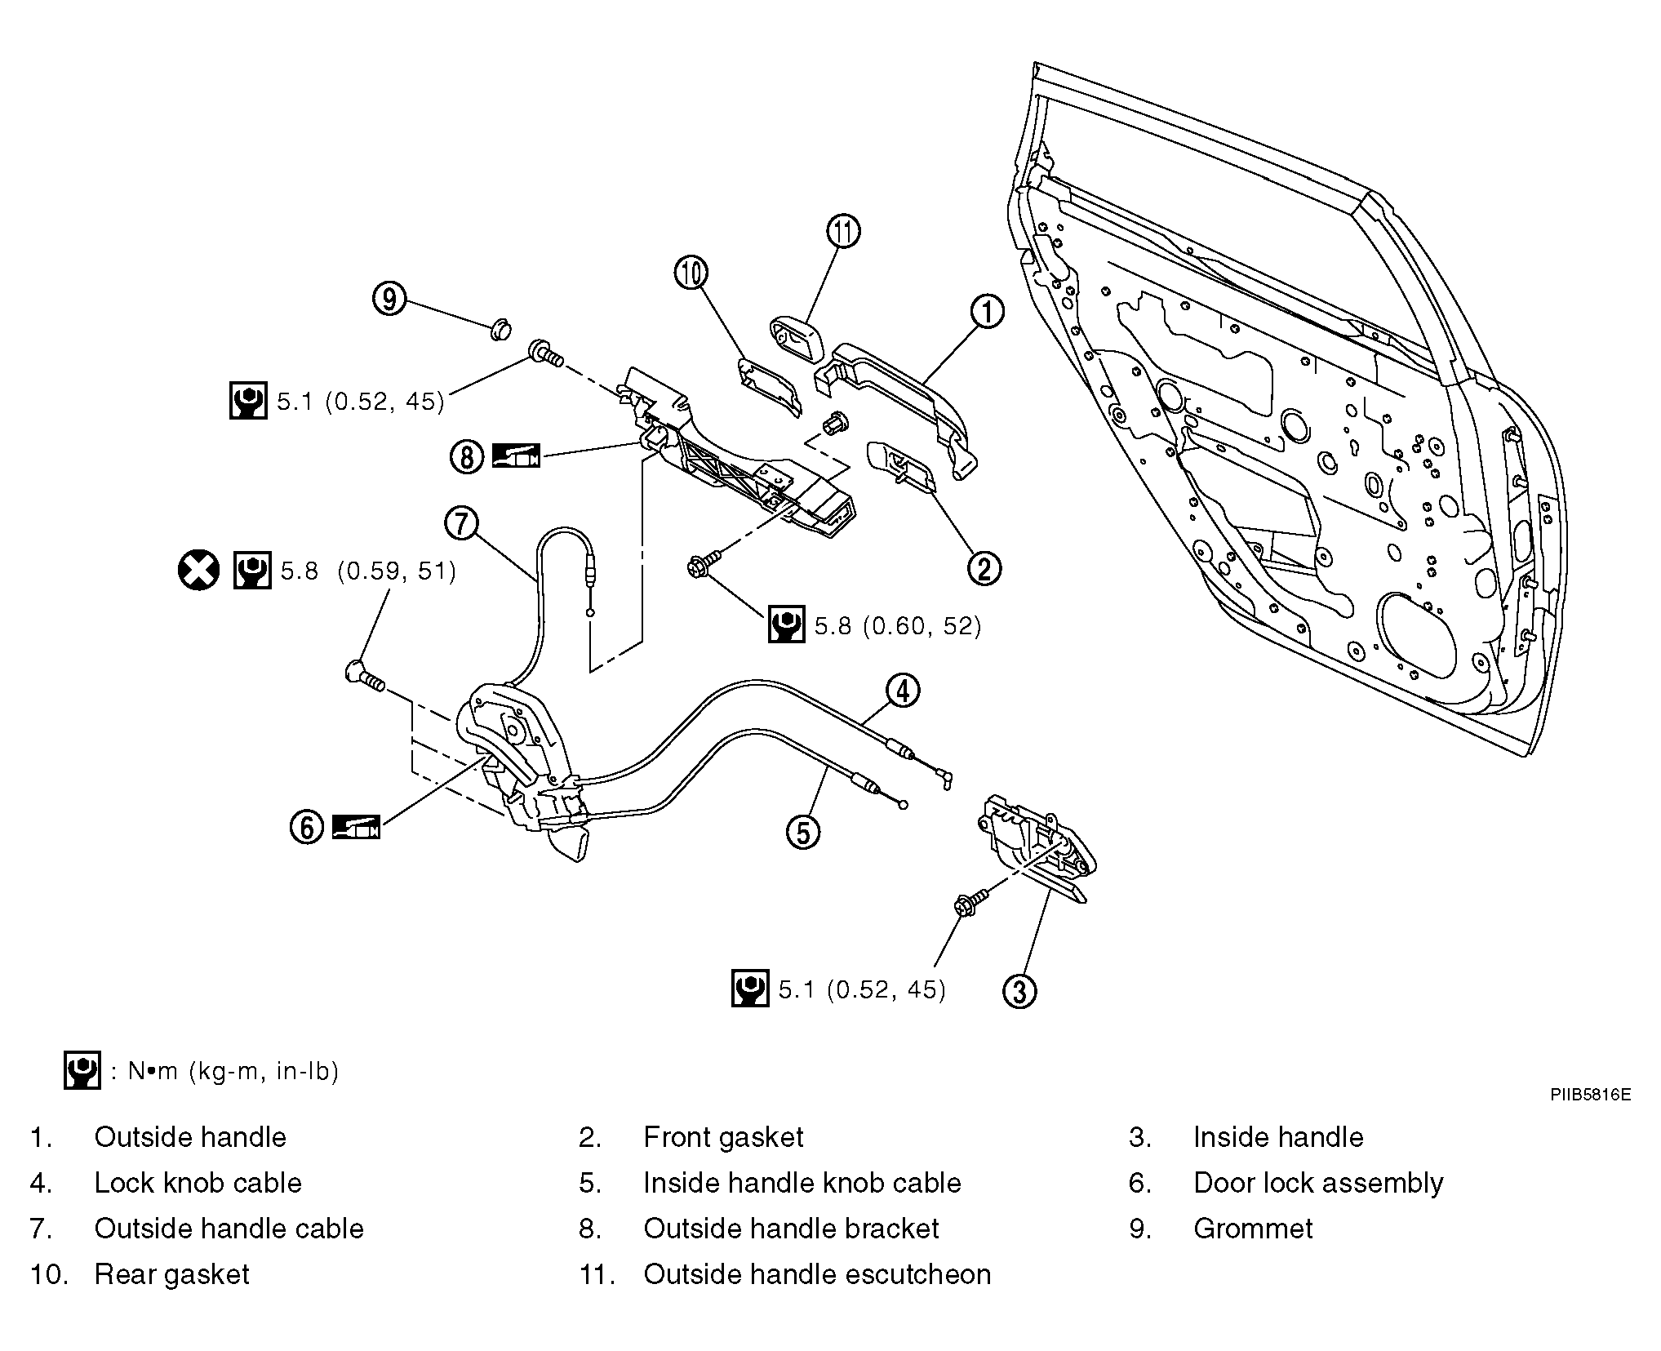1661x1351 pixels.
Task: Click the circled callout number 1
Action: point(987,312)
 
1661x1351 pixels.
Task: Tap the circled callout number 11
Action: point(843,232)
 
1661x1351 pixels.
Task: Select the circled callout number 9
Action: point(390,300)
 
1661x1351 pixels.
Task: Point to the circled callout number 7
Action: point(462,522)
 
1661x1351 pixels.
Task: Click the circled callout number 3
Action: point(1019,991)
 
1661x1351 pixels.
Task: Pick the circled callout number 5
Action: point(803,833)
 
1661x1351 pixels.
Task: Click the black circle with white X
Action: point(199,570)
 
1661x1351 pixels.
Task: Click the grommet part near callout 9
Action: point(500,331)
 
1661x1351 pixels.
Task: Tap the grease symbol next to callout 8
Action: point(516,456)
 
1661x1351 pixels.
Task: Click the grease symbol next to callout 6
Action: point(357,828)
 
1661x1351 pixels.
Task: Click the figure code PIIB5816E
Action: point(1590,1095)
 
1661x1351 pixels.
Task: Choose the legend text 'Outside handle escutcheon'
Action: point(817,1274)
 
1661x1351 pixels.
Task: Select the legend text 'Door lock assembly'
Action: point(1318,1183)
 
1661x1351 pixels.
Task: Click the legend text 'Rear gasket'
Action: point(171,1274)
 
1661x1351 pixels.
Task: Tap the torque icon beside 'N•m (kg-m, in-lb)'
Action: point(82,1070)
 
